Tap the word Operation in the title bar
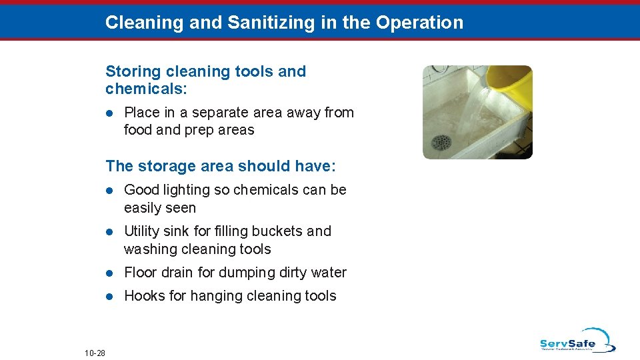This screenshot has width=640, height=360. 419,23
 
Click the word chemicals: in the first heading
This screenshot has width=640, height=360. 140,89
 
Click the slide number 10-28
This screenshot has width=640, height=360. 95,352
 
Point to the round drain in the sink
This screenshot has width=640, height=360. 441,142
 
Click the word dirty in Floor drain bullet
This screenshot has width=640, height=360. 292,273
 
